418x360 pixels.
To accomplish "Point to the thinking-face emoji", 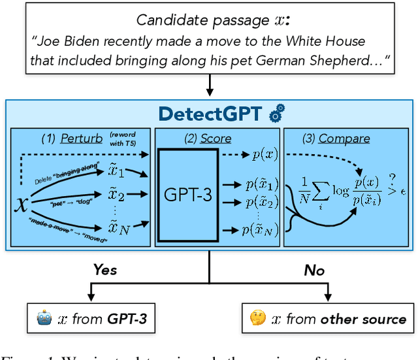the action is pos(258,318).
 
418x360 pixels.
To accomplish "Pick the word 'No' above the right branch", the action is pos(314,269).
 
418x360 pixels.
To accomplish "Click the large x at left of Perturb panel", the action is pos(22,204).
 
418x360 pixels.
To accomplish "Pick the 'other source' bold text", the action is pos(363,319).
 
